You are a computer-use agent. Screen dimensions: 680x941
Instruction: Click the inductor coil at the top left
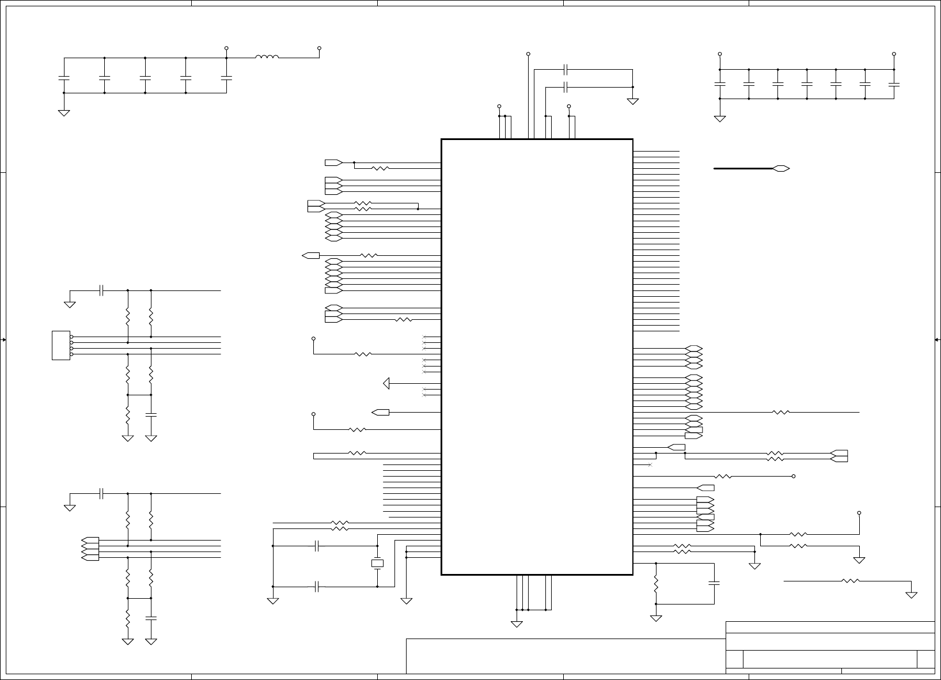(267, 56)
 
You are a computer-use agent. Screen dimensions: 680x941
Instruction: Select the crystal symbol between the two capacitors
(377, 563)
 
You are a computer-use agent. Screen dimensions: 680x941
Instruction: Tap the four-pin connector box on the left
(60, 345)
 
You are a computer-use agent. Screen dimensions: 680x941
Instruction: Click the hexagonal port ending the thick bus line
(781, 169)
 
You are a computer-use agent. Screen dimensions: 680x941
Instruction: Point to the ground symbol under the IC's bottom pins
(517, 623)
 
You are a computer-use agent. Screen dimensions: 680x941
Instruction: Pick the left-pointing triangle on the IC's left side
(386, 383)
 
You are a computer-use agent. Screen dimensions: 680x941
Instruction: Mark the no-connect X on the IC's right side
(650, 464)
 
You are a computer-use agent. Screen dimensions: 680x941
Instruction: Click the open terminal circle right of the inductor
(319, 48)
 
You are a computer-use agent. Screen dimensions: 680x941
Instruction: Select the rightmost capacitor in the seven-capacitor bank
(894, 84)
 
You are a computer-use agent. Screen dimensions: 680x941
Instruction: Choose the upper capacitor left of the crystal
(317, 546)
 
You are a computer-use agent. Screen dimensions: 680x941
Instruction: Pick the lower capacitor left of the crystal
(317, 587)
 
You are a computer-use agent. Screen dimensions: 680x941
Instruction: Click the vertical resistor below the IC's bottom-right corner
(656, 584)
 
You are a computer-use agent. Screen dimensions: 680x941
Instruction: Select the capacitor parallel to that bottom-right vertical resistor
(714, 584)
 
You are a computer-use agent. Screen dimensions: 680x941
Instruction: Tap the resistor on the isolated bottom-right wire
(851, 581)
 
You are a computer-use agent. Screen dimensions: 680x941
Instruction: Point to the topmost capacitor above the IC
(566, 70)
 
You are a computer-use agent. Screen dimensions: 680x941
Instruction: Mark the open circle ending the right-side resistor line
(794, 477)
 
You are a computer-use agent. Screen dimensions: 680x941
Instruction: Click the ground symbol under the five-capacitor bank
(64, 113)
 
